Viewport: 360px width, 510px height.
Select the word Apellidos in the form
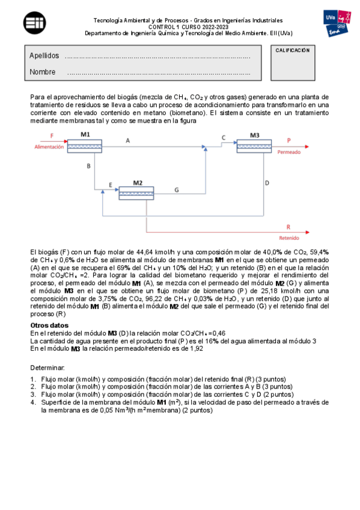44,56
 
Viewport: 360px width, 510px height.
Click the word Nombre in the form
43,72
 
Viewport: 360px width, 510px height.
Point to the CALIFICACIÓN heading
292,51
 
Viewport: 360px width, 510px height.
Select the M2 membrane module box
136,193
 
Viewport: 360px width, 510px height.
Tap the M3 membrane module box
254,146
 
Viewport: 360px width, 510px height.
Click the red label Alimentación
49,146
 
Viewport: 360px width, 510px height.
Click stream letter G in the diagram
176,189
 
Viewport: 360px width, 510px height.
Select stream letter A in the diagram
127,140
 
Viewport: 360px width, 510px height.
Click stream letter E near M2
110,185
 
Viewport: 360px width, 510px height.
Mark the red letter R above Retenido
288,227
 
